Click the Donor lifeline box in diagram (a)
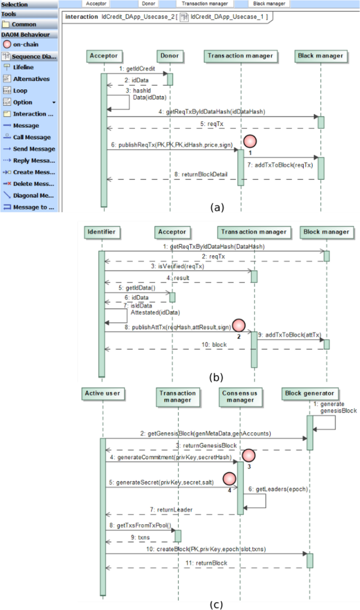pyautogui.click(x=170, y=56)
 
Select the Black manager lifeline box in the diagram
pyautogui.click(x=320, y=56)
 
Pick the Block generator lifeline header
pyautogui.click(x=310, y=393)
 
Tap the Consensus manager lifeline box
pyautogui.click(x=240, y=397)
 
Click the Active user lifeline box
pyautogui.click(x=102, y=393)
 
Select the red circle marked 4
pyautogui.click(x=229, y=479)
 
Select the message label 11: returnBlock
pyautogui.click(x=205, y=563)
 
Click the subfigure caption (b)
pyautogui.click(x=216, y=376)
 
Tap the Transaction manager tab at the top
pyautogui.click(x=204, y=4)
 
